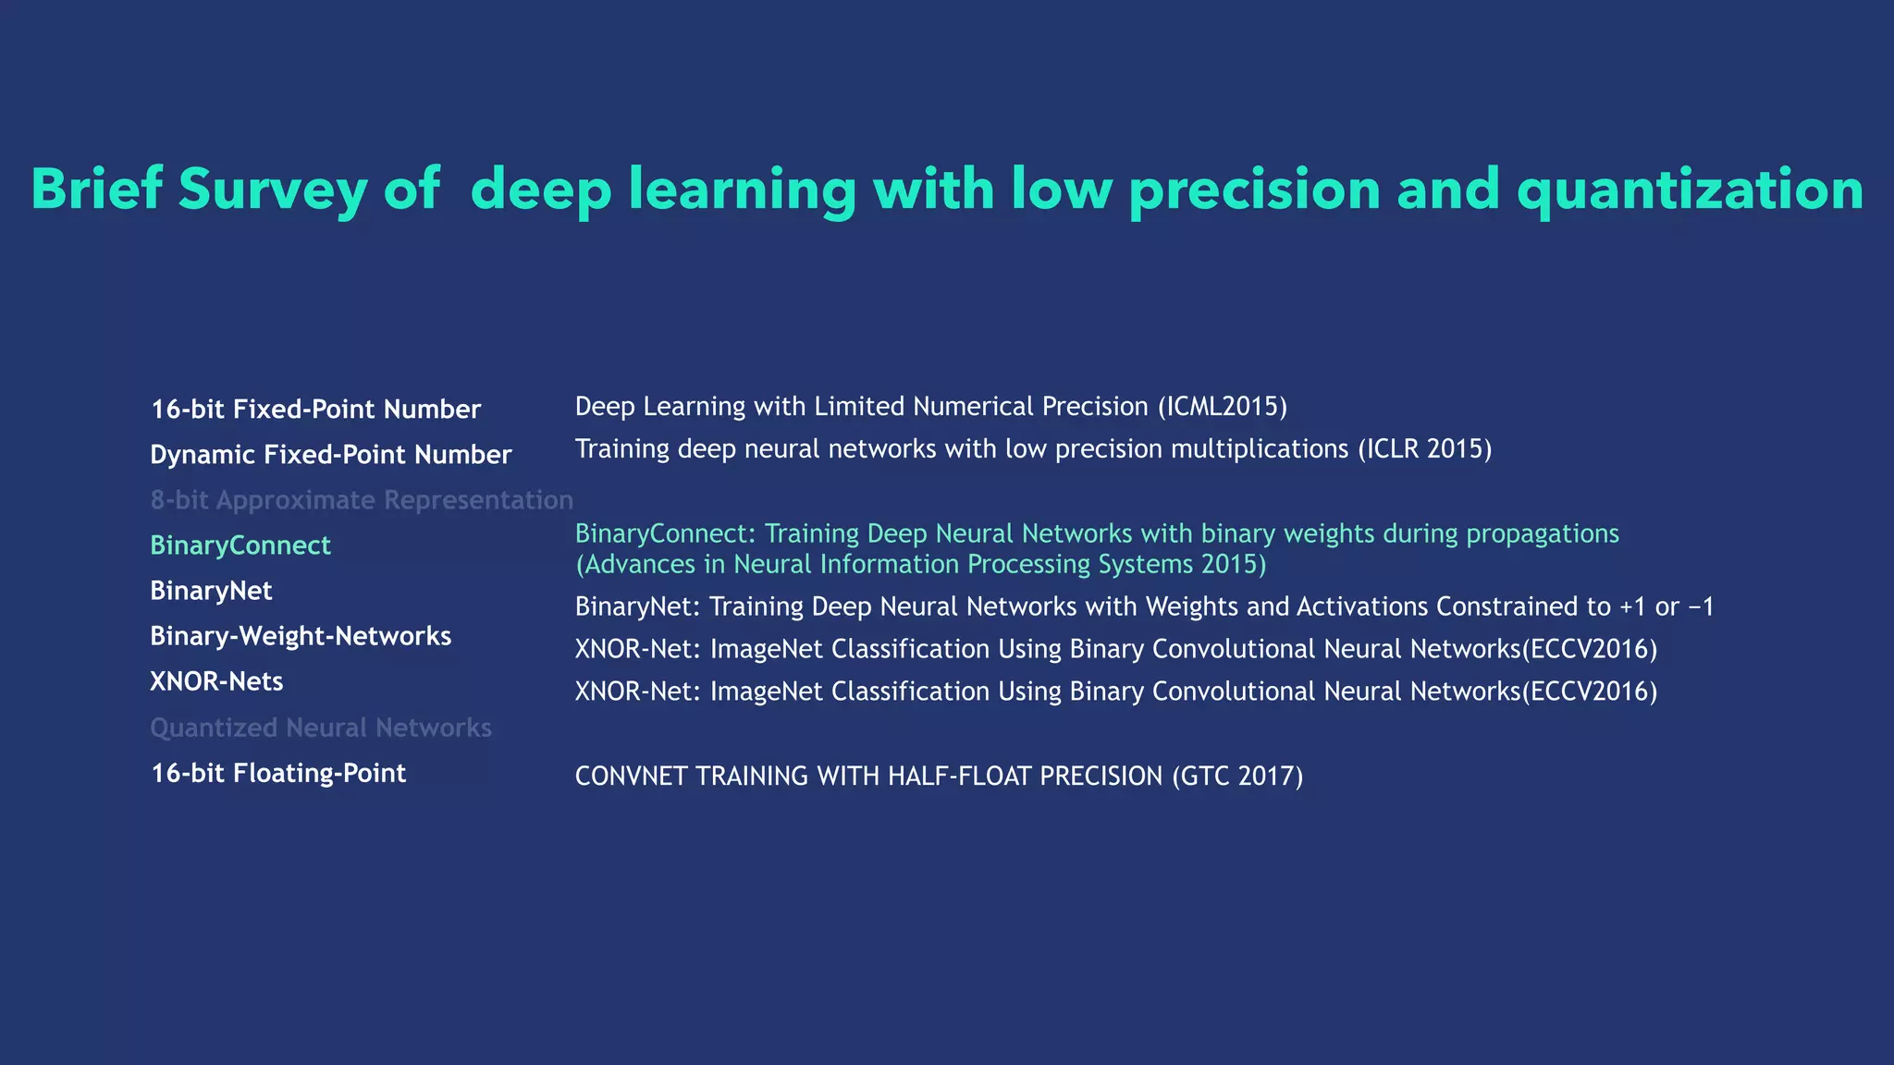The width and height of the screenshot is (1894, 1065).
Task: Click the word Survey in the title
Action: [272, 190]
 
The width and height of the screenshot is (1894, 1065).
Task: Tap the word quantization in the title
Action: [1690, 190]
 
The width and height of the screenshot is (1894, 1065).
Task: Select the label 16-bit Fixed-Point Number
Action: [315, 410]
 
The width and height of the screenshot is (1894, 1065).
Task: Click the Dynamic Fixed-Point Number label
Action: [330, 455]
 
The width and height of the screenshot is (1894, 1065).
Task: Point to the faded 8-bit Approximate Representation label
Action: [362, 500]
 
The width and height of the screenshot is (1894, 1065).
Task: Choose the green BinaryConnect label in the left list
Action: [240, 545]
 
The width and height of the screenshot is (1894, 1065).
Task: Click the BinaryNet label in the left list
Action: [211, 591]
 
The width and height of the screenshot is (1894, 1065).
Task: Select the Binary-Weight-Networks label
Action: [301, 636]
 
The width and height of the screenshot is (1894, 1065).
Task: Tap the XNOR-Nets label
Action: [216, 681]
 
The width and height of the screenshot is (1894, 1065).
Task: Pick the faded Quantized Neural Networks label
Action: [321, 728]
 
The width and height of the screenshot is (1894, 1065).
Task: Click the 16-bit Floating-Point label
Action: [278, 773]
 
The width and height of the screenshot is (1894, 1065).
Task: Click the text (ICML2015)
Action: [1222, 407]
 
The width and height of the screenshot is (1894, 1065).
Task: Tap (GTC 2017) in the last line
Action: [1237, 776]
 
